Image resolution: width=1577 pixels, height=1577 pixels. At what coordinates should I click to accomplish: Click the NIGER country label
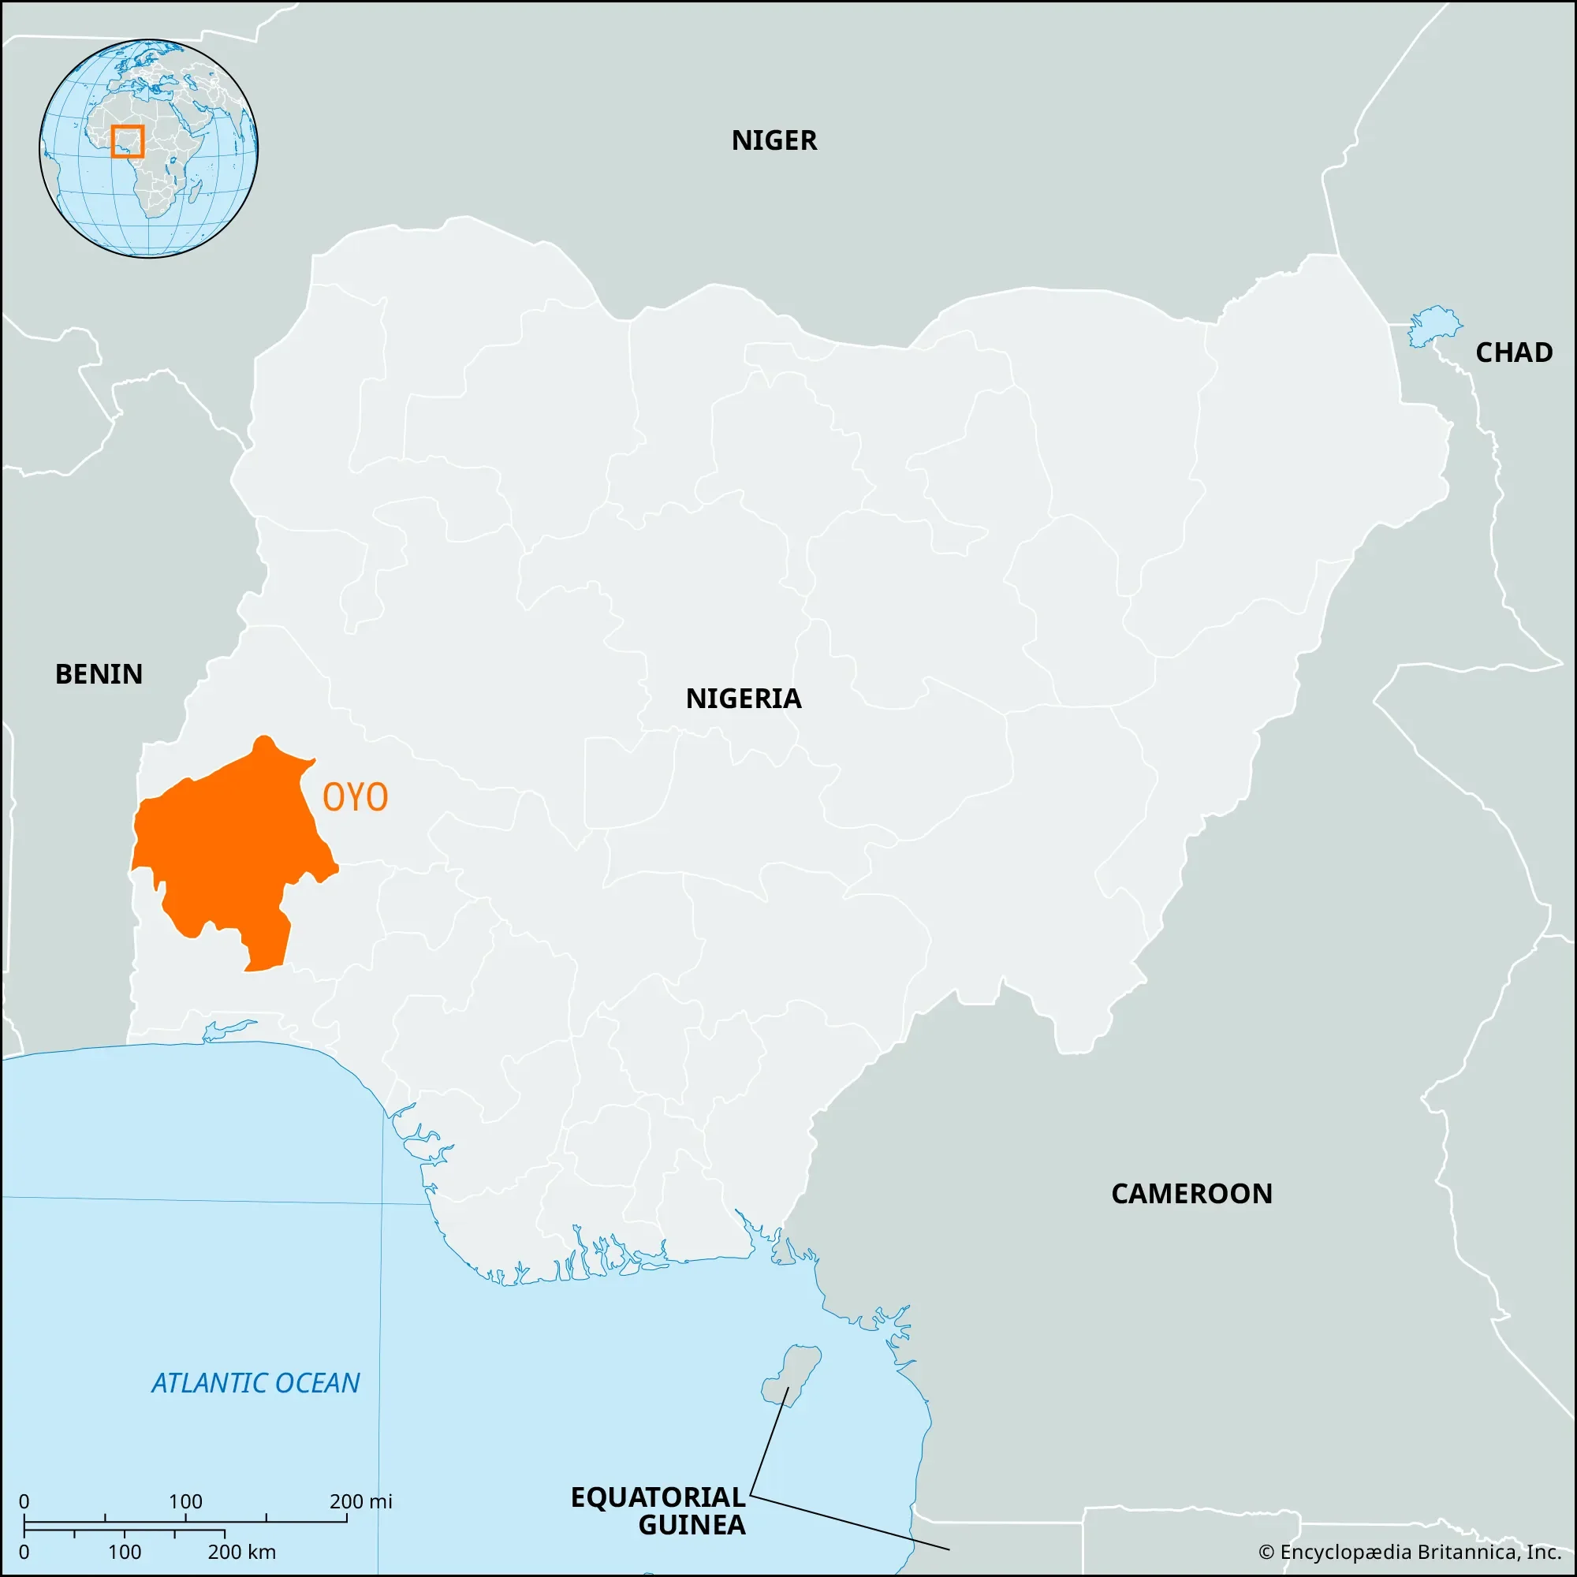click(x=773, y=140)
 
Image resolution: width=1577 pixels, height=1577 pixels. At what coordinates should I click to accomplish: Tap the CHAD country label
click(x=1513, y=352)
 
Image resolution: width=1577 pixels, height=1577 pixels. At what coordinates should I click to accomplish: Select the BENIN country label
click(x=99, y=674)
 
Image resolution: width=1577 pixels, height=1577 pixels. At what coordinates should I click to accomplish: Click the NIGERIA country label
click(x=743, y=699)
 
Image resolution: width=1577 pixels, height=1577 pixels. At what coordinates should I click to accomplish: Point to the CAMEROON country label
click(x=1191, y=1193)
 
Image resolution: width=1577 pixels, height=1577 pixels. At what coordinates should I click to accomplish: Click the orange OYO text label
click(x=355, y=797)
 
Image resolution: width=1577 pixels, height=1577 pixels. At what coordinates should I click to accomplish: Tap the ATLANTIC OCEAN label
click(x=255, y=1383)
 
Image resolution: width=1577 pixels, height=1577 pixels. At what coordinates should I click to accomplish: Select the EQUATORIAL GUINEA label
click(x=658, y=1511)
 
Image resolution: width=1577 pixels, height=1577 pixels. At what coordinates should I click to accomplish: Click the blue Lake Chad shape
click(x=1433, y=326)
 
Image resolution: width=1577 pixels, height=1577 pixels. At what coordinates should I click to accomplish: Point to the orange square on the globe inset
click(x=127, y=141)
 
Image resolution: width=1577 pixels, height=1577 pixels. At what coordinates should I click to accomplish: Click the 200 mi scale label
click(x=361, y=1501)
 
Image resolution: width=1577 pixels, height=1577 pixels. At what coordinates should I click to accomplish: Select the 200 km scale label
click(x=241, y=1552)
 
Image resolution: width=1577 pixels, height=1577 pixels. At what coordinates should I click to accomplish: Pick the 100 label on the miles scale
click(x=185, y=1501)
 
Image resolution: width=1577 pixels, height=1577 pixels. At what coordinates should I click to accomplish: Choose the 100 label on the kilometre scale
click(x=125, y=1552)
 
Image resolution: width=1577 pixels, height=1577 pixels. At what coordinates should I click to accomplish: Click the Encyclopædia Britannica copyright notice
click(x=1410, y=1552)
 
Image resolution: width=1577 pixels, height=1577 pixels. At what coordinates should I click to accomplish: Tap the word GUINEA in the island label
click(x=692, y=1525)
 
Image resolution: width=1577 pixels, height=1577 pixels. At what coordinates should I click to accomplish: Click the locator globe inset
click(x=148, y=148)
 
